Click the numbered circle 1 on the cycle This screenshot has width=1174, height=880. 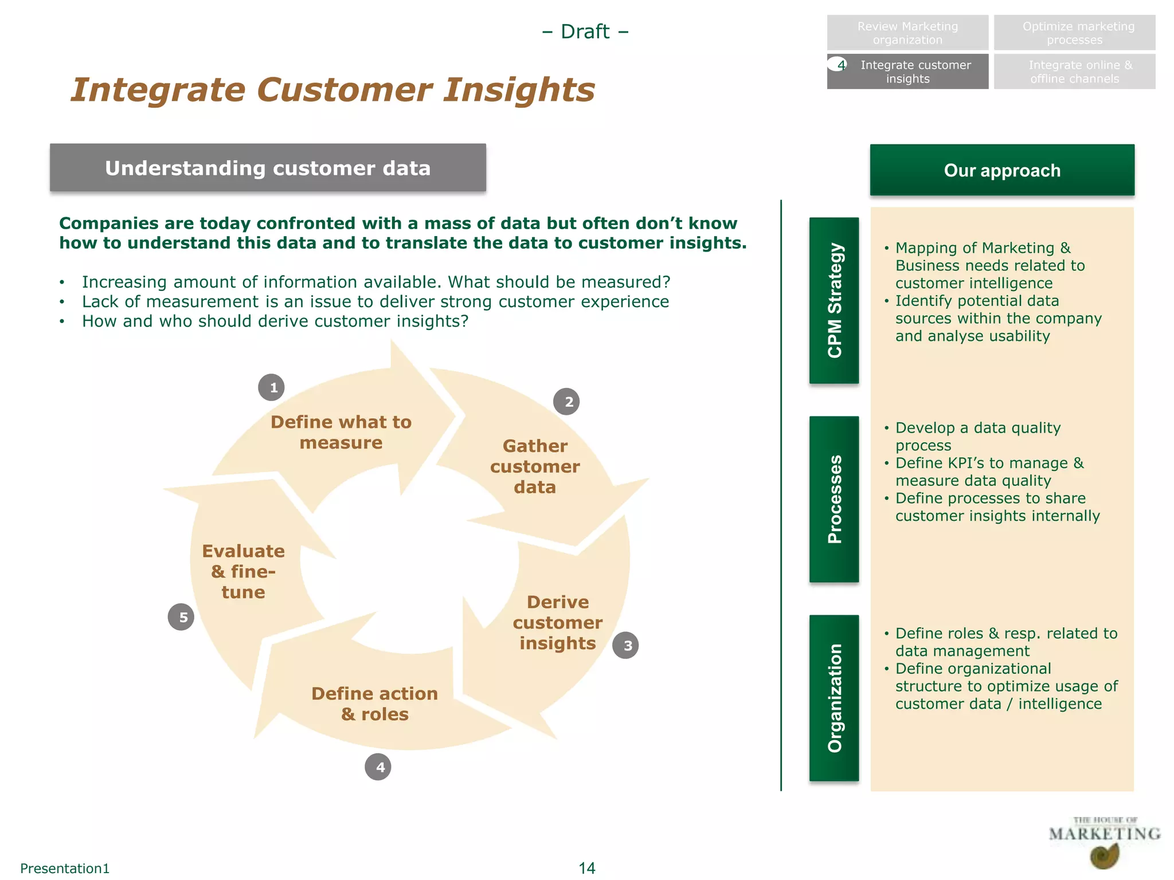(271, 387)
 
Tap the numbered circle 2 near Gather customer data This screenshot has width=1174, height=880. (566, 402)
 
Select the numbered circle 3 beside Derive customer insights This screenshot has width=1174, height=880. (626, 645)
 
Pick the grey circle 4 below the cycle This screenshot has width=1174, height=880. (378, 767)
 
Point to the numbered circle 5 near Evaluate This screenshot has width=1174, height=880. (181, 617)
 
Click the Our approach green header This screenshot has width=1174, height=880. (1001, 170)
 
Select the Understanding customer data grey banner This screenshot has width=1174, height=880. (268, 168)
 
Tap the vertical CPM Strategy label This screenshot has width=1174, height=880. (834, 300)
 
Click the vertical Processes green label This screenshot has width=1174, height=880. (834, 499)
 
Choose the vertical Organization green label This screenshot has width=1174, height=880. (834, 698)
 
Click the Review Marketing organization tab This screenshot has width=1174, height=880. (907, 33)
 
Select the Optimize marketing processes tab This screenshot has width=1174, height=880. (1074, 33)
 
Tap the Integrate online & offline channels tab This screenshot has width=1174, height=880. (1074, 72)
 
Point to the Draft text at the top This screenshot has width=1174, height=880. (585, 32)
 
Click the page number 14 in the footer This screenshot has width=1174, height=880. (586, 868)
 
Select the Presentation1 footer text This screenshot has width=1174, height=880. (65, 869)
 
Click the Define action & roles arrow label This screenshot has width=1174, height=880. (375, 704)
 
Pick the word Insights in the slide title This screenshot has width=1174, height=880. (519, 90)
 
